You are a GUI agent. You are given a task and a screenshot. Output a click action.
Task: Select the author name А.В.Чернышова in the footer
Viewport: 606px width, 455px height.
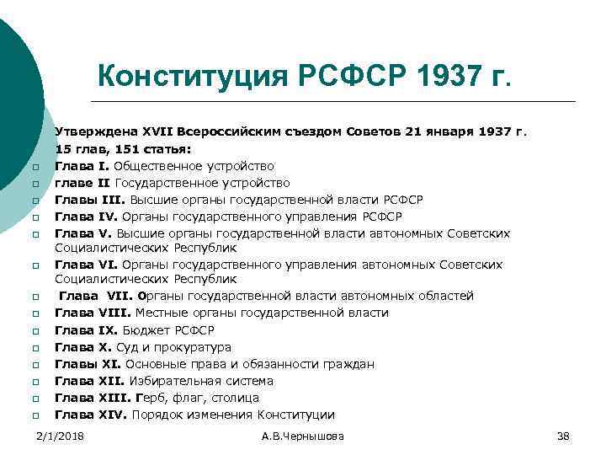303,436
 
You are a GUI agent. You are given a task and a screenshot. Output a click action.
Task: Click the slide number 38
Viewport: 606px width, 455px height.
563,436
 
